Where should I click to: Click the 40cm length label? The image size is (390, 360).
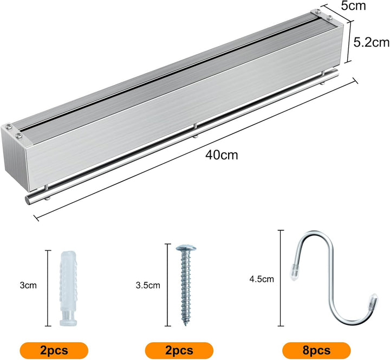click(222, 155)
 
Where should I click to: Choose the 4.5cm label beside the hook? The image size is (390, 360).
click(262, 279)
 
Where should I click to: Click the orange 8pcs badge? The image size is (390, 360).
click(316, 350)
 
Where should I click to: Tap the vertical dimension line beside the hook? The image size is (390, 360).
click(281, 278)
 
